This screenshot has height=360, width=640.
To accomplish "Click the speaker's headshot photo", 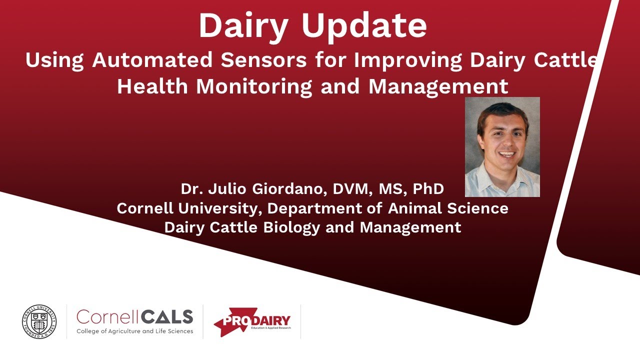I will (x=502, y=146).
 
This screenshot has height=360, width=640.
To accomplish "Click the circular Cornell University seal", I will (x=39, y=321).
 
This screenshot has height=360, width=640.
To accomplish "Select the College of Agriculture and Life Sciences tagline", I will (x=134, y=331).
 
